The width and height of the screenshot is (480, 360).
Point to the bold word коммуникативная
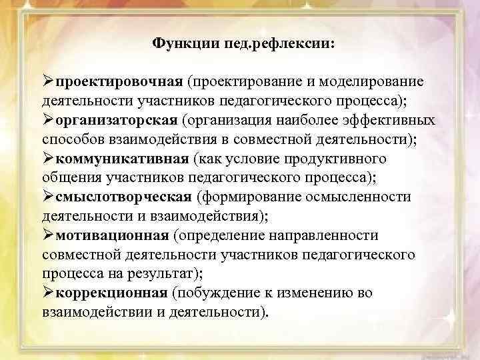tap(123, 159)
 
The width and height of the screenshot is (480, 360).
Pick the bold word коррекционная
tap(111, 293)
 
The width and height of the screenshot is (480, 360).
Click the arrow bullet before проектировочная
tap(47, 81)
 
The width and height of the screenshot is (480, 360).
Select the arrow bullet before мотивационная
tap(47, 235)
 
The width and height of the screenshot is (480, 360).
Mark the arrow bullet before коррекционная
tap(47, 293)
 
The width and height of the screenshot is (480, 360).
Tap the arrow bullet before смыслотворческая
tap(47, 197)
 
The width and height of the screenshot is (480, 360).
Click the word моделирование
tap(377, 81)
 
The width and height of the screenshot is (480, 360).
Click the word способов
tap(70, 139)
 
